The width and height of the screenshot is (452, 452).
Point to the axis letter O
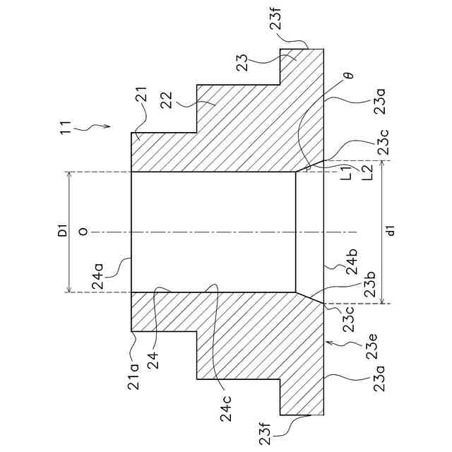83,232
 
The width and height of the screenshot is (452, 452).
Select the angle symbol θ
350,73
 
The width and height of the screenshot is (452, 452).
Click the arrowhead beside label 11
107,127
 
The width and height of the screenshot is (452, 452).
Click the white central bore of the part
212,232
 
